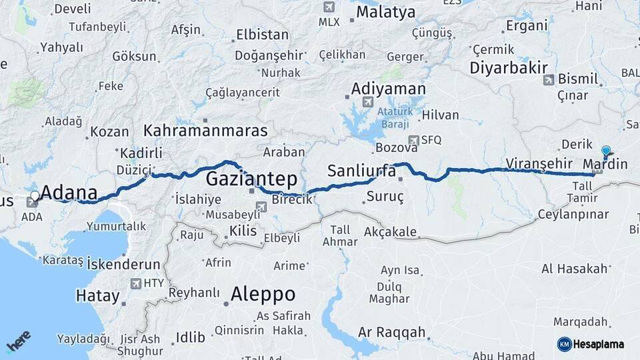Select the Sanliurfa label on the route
point(361,171)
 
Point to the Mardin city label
point(605,163)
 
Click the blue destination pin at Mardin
point(605,151)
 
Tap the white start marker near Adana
point(35,196)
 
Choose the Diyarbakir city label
point(509,67)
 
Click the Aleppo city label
point(263,294)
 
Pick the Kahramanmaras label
point(205,130)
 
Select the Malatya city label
point(385,12)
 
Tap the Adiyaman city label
point(388,89)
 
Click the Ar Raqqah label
point(391,332)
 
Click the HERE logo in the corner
point(18,342)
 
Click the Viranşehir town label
point(539,163)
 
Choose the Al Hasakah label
point(575,269)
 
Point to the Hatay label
point(97,295)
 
